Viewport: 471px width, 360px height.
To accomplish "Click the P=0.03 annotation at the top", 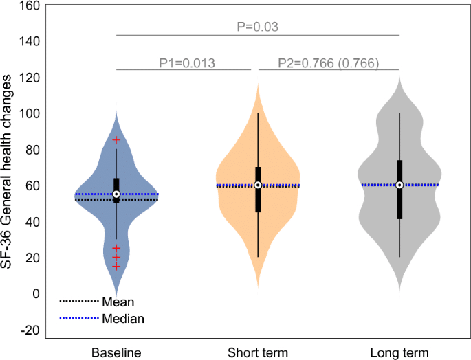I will pos(257,27).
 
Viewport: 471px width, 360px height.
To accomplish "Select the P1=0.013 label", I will pos(187,63).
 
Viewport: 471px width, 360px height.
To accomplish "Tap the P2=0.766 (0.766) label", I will pos(328,63).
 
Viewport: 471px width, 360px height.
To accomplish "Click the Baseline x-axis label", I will pos(116,353).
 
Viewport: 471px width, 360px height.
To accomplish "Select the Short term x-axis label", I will pos(258,353).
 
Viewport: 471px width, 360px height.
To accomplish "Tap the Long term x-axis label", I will pos(399,353).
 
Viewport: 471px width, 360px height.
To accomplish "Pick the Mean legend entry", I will pos(118,302).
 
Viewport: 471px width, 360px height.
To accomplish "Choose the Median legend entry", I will pos(122,318).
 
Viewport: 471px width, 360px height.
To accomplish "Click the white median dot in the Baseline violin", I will pos(116,194).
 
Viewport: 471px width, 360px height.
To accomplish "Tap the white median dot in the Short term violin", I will pos(258,185).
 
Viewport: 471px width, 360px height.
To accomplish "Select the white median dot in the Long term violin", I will pos(399,185).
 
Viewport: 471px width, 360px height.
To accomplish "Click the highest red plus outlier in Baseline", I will pos(116,140).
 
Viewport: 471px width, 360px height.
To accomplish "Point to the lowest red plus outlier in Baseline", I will pos(116,267).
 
